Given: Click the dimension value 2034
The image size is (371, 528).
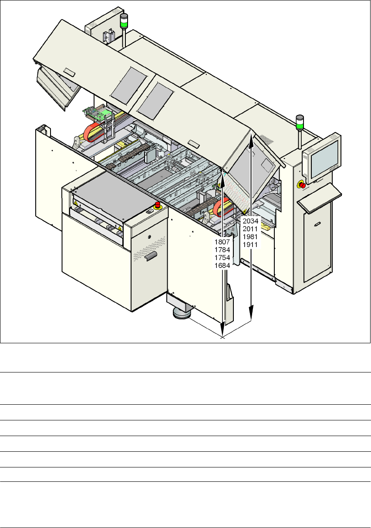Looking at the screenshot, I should point(250,221).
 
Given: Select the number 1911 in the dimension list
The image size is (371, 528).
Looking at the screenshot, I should point(250,244).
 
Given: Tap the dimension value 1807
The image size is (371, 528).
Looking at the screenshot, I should point(222,241).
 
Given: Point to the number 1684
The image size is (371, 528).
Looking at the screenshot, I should point(222,265).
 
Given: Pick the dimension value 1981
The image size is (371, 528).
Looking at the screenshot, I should point(250,237).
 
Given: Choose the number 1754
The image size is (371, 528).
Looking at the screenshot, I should point(222,257).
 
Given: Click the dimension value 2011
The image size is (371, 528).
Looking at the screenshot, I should point(250,229).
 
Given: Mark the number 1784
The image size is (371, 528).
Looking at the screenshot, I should point(222,249).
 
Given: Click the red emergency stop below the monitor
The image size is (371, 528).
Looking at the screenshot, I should point(303,185).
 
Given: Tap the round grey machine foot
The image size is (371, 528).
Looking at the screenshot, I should point(182,313).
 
